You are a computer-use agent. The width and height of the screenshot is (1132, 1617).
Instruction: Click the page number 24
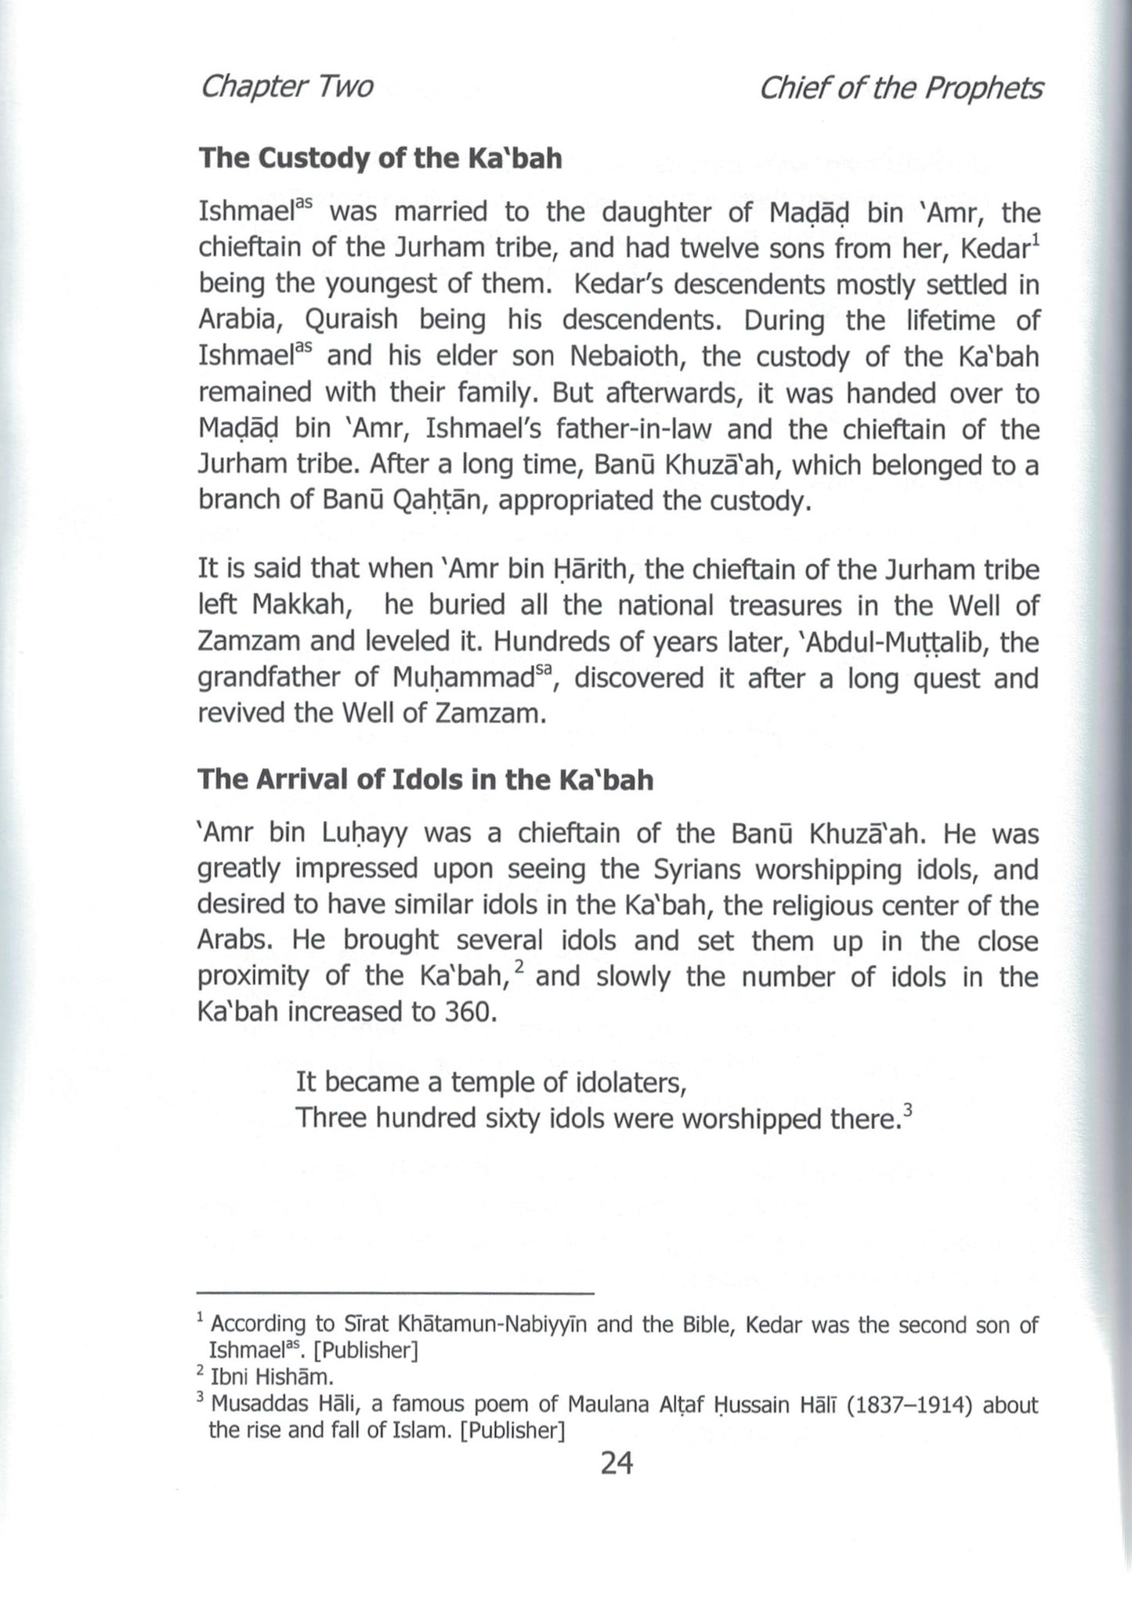click(x=616, y=1462)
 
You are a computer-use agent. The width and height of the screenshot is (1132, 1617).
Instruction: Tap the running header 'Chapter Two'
click(x=286, y=88)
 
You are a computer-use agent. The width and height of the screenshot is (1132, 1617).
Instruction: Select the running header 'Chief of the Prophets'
click(x=901, y=88)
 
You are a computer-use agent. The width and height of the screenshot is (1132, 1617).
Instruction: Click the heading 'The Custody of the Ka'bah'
click(x=380, y=158)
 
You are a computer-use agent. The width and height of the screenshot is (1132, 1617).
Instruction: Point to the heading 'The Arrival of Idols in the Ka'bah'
click(x=425, y=780)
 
